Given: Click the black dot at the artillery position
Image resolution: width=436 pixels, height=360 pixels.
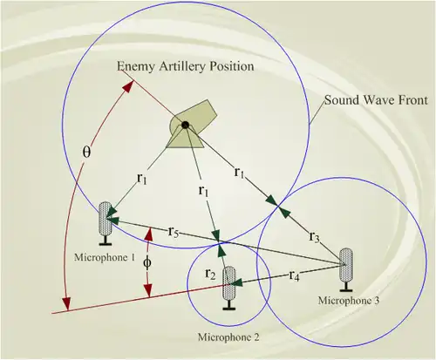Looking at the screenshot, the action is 185,125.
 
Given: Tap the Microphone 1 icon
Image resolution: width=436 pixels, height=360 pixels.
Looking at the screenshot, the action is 106,223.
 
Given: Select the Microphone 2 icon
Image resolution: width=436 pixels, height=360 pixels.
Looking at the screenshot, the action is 229,288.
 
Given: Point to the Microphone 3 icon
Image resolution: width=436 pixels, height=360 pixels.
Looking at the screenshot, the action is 346,269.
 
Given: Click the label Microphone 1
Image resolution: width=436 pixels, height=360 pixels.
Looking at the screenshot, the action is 105,257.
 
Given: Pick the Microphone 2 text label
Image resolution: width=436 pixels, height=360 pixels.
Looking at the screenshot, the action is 228,337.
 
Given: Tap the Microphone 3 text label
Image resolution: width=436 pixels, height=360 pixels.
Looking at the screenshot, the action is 349,301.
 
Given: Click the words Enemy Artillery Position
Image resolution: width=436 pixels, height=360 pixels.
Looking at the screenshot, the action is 186,66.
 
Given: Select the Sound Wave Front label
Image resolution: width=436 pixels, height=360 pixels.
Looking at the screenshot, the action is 376,100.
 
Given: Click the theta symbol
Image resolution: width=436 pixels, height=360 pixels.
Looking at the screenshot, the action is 86,152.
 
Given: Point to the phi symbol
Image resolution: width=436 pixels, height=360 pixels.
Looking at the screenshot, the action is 147,263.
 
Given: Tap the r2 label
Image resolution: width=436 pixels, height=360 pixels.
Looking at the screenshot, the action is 210,274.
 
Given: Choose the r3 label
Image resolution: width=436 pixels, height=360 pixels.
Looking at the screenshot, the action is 314,237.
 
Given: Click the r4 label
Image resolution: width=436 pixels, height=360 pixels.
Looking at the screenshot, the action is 294,275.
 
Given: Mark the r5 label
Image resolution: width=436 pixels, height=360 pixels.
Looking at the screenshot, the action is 173,232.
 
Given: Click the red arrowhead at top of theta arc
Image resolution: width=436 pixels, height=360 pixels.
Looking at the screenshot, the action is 129,86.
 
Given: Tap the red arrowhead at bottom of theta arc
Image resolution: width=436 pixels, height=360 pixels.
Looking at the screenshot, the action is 67,304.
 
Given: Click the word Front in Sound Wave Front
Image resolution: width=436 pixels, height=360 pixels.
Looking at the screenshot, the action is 413,100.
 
